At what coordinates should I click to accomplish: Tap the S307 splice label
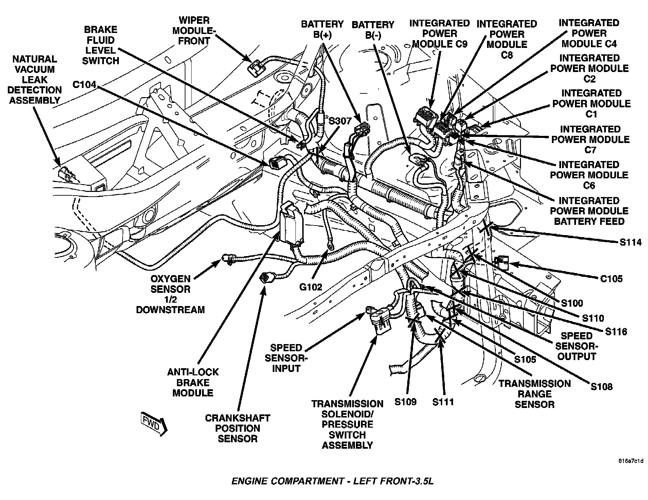coord(340,121)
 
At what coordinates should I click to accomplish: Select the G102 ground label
coord(310,287)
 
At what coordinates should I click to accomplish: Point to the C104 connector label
coord(84,84)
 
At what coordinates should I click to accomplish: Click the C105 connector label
coord(611,279)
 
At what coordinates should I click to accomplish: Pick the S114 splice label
coord(630,242)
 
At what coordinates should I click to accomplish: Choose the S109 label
coord(405,402)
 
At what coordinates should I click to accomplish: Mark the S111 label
coord(443,402)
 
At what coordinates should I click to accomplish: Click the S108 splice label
coord(601,387)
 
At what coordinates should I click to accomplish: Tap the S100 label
coord(572,303)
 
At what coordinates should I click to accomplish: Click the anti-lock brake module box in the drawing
coord(291,225)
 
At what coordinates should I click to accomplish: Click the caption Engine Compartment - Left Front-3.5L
coord(332,481)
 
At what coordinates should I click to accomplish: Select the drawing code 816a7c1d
coord(631,461)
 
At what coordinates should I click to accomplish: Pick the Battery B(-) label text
coord(373,30)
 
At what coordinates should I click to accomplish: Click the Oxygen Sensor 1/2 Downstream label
coord(170,294)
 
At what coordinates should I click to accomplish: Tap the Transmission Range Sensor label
coord(534,394)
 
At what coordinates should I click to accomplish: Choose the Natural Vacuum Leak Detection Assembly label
coord(34,79)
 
